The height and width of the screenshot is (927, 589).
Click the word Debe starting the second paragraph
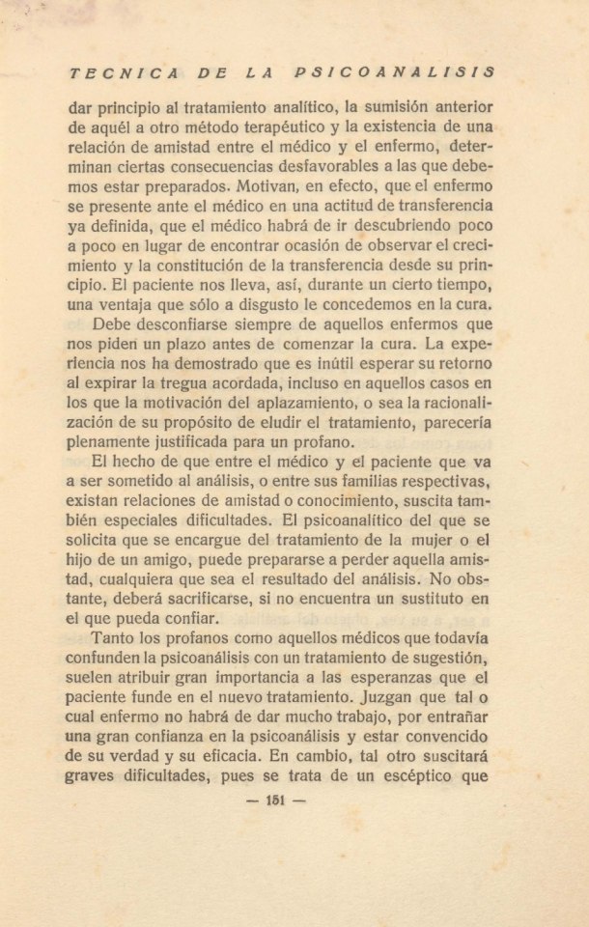(115, 324)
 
